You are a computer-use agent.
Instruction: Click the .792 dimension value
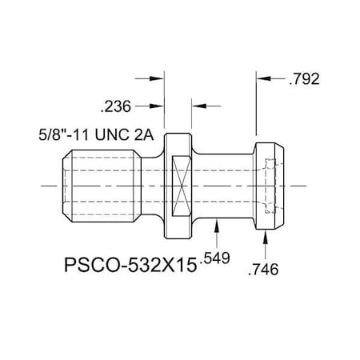point(303,79)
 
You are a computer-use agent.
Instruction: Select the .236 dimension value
point(117,105)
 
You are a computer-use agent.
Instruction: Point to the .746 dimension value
point(263,271)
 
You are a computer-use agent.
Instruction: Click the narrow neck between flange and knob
point(224,185)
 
